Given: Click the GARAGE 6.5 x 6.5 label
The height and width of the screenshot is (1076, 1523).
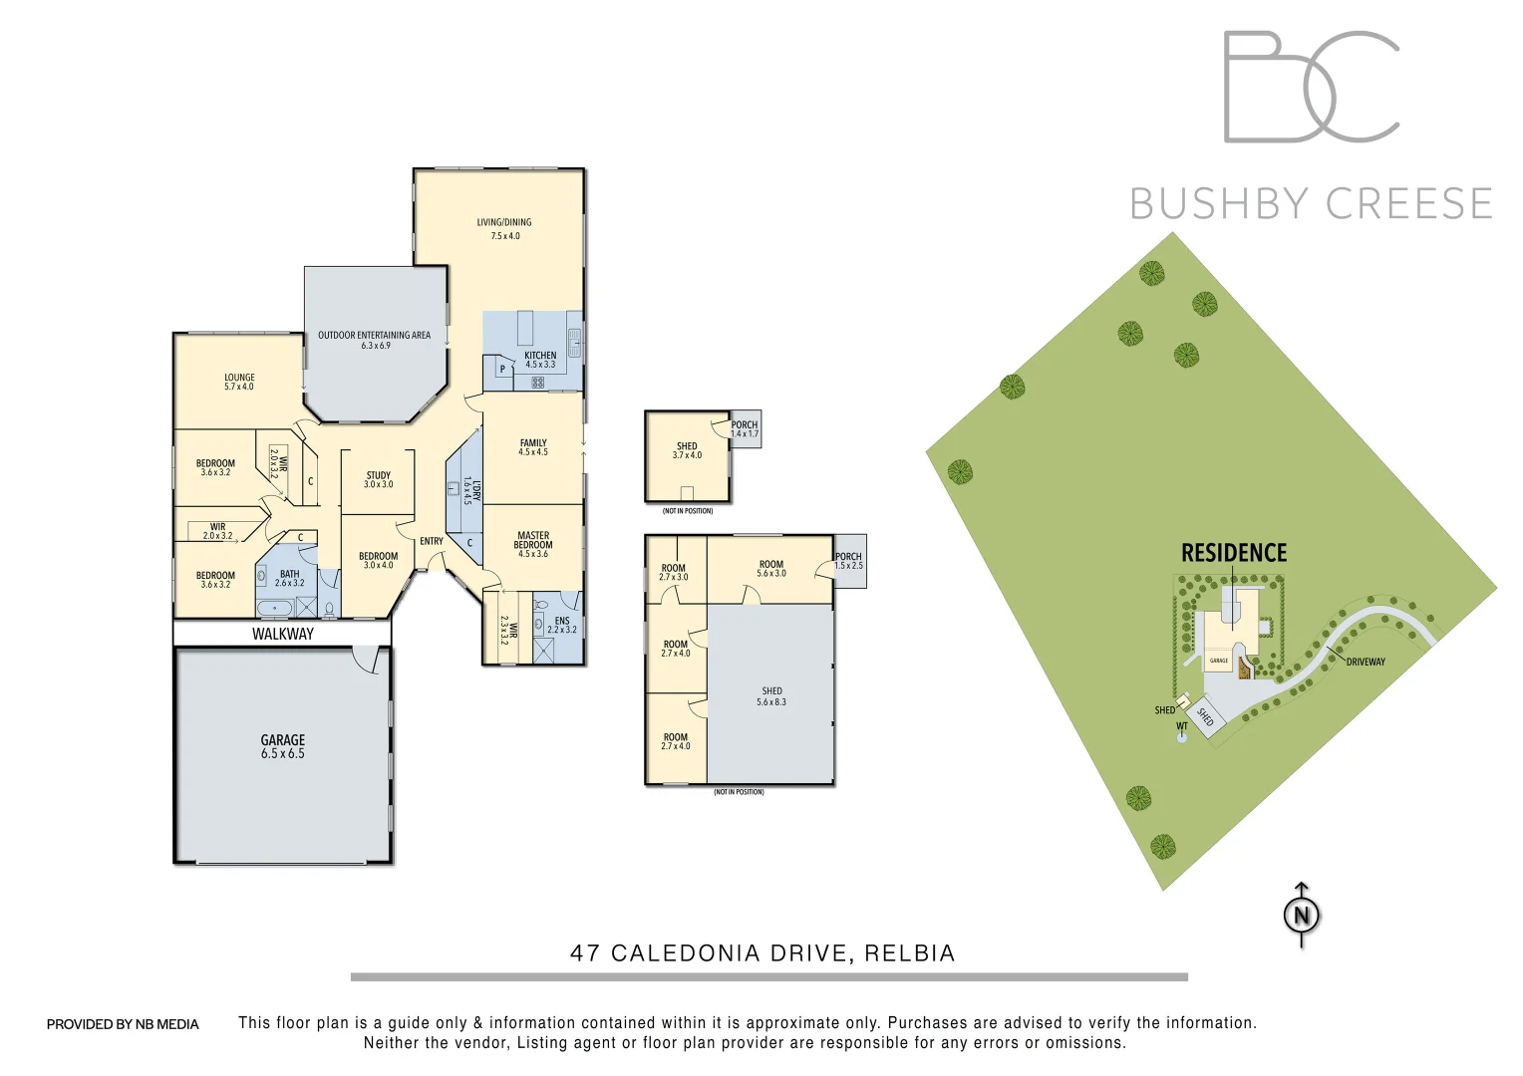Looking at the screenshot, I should (x=282, y=746).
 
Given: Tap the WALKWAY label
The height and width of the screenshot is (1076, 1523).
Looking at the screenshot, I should (x=282, y=634).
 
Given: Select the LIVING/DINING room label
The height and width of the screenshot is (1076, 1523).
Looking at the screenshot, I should (x=504, y=229).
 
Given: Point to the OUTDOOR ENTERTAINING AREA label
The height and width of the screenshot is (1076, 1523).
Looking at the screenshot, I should (x=374, y=340).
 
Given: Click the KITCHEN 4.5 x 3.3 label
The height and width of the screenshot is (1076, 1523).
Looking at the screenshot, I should (x=540, y=360).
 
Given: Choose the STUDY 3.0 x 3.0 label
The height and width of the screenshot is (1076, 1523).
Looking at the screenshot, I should (x=378, y=480).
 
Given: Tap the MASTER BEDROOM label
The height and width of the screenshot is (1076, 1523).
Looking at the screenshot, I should (x=533, y=544).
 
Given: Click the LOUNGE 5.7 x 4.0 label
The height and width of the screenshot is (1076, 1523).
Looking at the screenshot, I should (x=239, y=382).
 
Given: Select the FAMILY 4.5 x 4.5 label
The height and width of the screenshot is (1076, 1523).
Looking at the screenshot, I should (x=533, y=447).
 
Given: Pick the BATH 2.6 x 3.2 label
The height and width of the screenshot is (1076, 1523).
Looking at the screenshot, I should (x=289, y=578).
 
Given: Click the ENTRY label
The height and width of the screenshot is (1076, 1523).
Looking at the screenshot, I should (x=432, y=541).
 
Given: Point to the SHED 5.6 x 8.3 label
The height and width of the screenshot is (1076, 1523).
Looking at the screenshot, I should (x=771, y=696).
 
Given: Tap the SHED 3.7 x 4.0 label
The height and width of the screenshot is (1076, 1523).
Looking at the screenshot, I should (x=687, y=450).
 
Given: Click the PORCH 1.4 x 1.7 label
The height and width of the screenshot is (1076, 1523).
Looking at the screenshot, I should (x=745, y=429).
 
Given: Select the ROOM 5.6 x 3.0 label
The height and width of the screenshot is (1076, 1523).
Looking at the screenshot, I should (x=771, y=568).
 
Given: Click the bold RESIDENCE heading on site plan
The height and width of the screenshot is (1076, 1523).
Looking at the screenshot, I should (x=1234, y=553).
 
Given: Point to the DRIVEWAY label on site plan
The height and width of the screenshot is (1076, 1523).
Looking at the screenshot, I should (x=1366, y=662).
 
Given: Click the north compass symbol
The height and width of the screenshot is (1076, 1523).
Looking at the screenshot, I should (x=1301, y=915).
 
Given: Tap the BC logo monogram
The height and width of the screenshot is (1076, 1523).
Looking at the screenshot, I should (x=1311, y=87).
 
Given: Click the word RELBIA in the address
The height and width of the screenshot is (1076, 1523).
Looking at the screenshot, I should (x=909, y=953).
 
